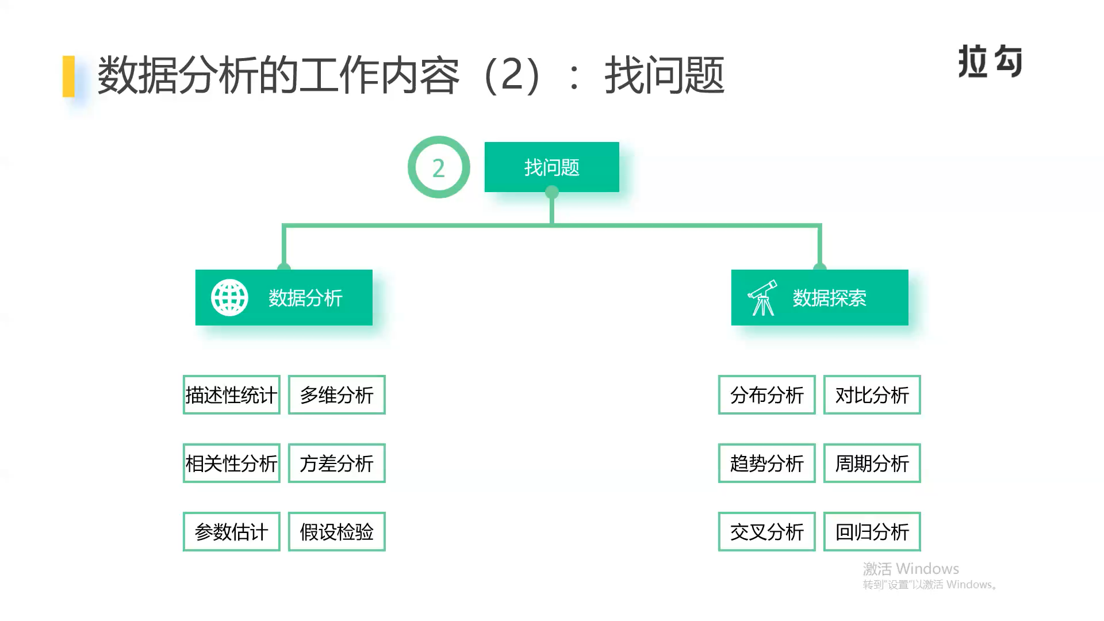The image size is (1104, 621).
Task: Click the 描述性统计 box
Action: pyautogui.click(x=231, y=394)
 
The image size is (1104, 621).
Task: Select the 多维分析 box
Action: pyautogui.click(x=336, y=394)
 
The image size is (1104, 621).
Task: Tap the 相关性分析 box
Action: pyautogui.click(x=231, y=463)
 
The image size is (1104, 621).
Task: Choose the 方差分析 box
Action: pyautogui.click(x=336, y=463)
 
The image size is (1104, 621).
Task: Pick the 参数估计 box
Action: pyautogui.click(x=231, y=531)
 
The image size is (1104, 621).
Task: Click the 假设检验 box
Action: pyautogui.click(x=336, y=531)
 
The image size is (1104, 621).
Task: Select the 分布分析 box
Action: pyautogui.click(x=766, y=394)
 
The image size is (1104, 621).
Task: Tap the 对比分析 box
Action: pyautogui.click(x=872, y=394)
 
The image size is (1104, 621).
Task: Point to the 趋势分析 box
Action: pyautogui.click(x=766, y=463)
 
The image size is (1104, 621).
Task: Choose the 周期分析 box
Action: pyautogui.click(x=872, y=463)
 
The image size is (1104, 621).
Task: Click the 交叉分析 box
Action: pyautogui.click(x=766, y=531)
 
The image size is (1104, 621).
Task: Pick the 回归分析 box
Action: pyautogui.click(x=872, y=531)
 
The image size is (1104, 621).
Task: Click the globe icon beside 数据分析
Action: pyautogui.click(x=229, y=297)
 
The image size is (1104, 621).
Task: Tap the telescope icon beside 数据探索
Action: pyautogui.click(x=762, y=297)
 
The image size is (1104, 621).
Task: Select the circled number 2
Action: pyautogui.click(x=439, y=167)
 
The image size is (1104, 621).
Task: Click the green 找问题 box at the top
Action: pyautogui.click(x=552, y=167)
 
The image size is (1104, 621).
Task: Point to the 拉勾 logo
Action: pyautogui.click(x=990, y=61)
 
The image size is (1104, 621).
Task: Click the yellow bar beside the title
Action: pyautogui.click(x=68, y=76)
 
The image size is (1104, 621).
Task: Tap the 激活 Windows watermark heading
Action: pyautogui.click(x=911, y=569)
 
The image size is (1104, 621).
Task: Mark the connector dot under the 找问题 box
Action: pyautogui.click(x=552, y=192)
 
